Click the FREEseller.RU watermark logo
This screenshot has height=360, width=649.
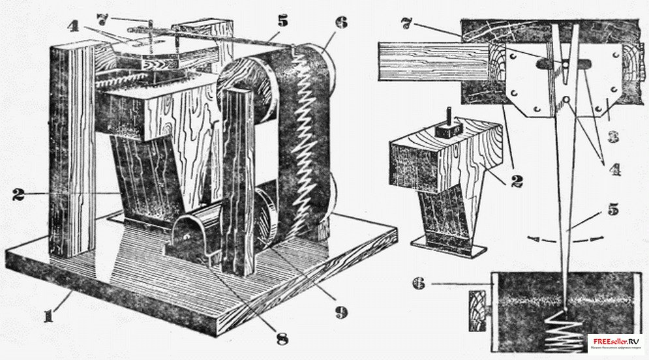point(616,343)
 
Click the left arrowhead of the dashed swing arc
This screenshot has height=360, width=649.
point(532,239)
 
